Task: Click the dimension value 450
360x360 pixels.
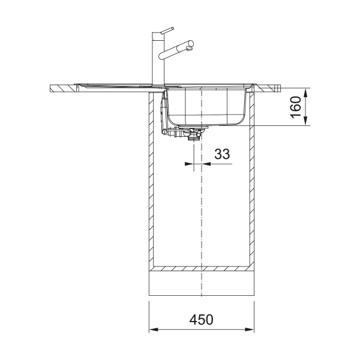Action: click(201, 319)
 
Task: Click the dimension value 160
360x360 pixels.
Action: click(296, 107)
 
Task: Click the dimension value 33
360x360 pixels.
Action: click(222, 154)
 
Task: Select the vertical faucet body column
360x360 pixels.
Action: click(158, 59)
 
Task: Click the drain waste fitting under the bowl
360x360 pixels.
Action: click(194, 134)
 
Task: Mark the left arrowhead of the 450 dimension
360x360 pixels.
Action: click(154, 329)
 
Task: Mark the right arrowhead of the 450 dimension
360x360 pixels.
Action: click(250, 329)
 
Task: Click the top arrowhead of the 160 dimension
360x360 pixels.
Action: click(305, 92)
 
